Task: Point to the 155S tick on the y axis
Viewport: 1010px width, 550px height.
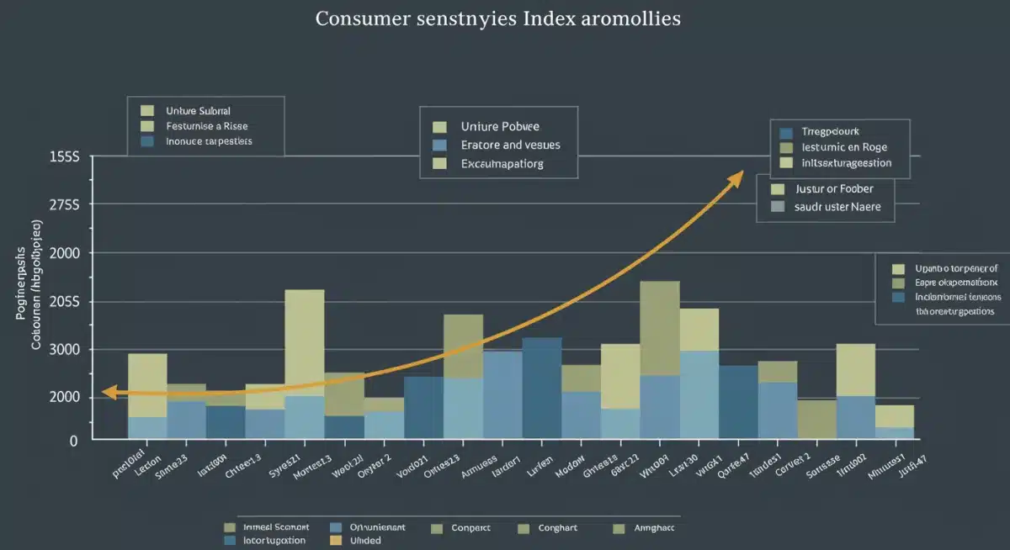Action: [x=64, y=157]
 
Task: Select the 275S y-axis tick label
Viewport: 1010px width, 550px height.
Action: [x=64, y=204]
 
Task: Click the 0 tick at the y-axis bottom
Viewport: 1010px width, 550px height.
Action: [x=73, y=440]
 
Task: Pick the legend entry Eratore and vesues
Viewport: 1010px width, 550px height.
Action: [x=510, y=145]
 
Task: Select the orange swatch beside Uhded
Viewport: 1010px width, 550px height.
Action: [x=336, y=541]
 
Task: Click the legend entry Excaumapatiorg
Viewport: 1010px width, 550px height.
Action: [x=502, y=163]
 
